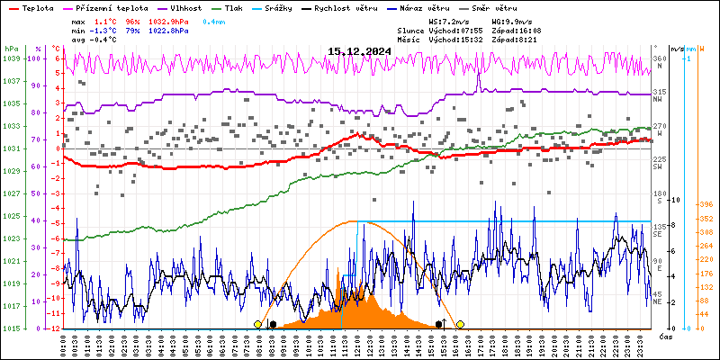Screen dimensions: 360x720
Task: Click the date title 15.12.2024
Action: point(359,51)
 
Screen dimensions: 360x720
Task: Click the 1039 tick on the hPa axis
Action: point(11,58)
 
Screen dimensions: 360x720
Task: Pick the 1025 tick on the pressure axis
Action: point(11,216)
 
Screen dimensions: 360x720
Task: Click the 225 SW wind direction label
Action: point(660,163)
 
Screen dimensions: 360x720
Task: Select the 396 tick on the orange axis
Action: point(706,204)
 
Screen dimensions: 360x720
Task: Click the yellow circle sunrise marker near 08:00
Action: point(258,324)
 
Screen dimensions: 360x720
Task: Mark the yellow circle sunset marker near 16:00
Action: point(460,324)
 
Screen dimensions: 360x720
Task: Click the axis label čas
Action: point(666,336)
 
